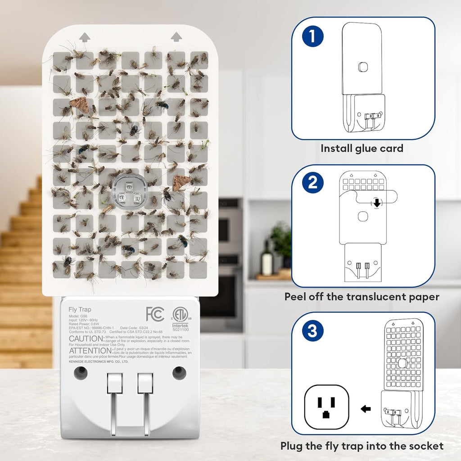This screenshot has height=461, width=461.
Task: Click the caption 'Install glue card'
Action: (x=362, y=149)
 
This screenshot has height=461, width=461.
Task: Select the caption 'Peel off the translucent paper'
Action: (x=362, y=297)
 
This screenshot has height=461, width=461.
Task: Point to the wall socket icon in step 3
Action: (x=327, y=409)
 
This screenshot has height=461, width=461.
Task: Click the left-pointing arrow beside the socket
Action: (x=366, y=409)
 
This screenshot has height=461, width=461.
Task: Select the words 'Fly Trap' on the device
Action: (x=79, y=309)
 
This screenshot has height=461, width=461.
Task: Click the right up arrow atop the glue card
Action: (x=176, y=36)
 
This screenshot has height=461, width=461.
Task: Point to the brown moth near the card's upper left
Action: (x=78, y=104)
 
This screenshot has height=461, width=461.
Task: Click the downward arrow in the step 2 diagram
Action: (x=377, y=203)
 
